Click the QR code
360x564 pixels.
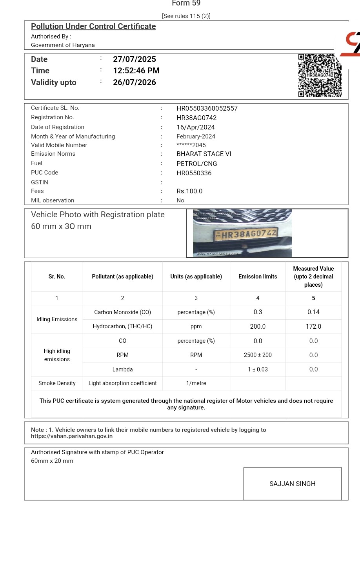coord(320,75)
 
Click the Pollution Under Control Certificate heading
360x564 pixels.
coord(93,26)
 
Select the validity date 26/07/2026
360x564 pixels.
coord(135,82)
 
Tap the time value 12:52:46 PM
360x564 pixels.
coord(136,71)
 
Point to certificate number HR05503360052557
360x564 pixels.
coord(207,108)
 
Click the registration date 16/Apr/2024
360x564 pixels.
coord(196,127)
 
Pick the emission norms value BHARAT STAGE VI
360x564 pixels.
coord(204,154)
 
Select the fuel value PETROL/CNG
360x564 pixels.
coord(197,164)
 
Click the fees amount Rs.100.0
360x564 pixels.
coord(189,191)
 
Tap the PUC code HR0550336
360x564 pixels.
coord(194,173)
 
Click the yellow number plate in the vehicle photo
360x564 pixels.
coord(246,235)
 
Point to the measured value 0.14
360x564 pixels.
coord(313,312)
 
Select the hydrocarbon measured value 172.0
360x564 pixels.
coord(313,326)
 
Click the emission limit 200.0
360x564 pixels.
coord(258,326)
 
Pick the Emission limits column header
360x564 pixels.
coord(258,277)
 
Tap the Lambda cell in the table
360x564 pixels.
coord(122,369)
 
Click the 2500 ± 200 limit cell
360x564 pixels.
coord(258,355)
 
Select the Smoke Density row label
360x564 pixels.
coord(57,383)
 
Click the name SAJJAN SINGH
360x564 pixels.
coord(293,484)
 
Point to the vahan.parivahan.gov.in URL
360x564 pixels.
coord(72,436)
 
